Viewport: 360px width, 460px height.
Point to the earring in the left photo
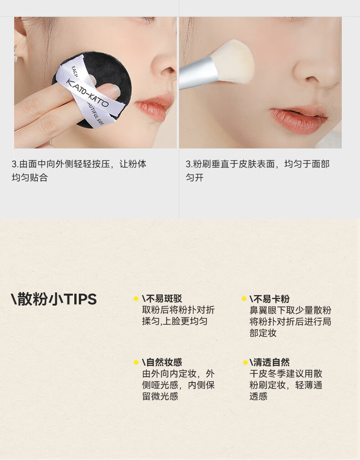pyautogui.click(x=15, y=54)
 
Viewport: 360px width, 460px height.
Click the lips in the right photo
pyautogui.click(x=298, y=119)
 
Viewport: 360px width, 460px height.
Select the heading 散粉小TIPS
pyautogui.click(x=54, y=299)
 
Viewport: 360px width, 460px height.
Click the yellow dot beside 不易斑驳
pyautogui.click(x=136, y=299)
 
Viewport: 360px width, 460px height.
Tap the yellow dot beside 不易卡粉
pyautogui.click(x=244, y=299)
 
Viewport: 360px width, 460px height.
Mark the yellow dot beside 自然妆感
pyautogui.click(x=136, y=363)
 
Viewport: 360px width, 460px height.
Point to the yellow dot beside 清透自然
pyautogui.click(x=245, y=363)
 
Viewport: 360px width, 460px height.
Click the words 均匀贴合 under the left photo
pyautogui.click(x=30, y=178)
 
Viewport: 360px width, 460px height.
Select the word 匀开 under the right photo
pyautogui.click(x=195, y=178)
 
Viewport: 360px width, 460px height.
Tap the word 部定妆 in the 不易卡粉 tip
pyautogui.click(x=263, y=333)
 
